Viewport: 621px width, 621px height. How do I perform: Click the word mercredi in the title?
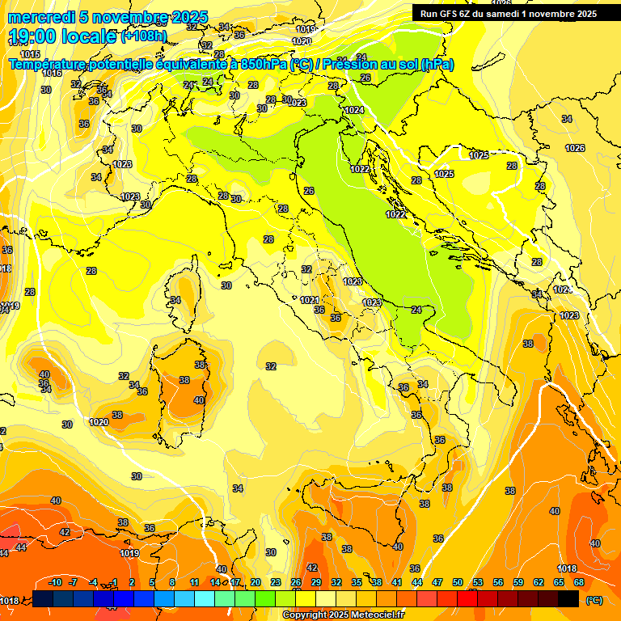pyautogui.click(x=40, y=17)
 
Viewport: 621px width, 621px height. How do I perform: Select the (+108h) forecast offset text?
pyautogui.click(x=144, y=36)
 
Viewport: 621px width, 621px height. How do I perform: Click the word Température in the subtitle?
pyautogui.click(x=52, y=64)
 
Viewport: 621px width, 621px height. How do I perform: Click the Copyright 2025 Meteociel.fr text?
pyautogui.click(x=344, y=615)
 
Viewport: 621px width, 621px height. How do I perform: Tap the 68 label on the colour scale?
pyautogui.click(x=579, y=582)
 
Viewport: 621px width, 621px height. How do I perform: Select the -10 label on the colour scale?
pyautogui.click(x=55, y=582)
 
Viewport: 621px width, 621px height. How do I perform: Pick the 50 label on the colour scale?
pyautogui.click(x=458, y=582)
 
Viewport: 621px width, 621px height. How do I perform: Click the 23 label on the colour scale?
pyautogui.click(x=276, y=582)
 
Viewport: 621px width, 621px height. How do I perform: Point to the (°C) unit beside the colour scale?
pyautogui.click(x=594, y=600)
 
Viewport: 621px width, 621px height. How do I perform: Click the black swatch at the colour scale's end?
pyautogui.click(x=568, y=598)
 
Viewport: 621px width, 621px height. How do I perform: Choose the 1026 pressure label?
pyautogui.click(x=575, y=148)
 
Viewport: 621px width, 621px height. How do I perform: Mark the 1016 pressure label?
pyautogui.click(x=52, y=73)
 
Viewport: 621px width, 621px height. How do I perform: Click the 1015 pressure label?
pyautogui.click(x=31, y=54)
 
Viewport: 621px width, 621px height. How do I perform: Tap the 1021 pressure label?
pyautogui.click(x=309, y=300)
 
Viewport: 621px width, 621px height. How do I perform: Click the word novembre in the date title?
pyautogui.click(x=128, y=17)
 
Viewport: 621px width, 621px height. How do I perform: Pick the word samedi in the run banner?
pyautogui.click(x=504, y=13)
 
